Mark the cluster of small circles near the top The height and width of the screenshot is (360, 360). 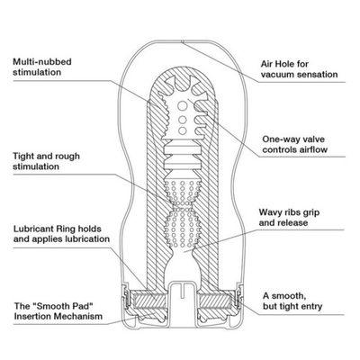pyautogui.click(x=185, y=116)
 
